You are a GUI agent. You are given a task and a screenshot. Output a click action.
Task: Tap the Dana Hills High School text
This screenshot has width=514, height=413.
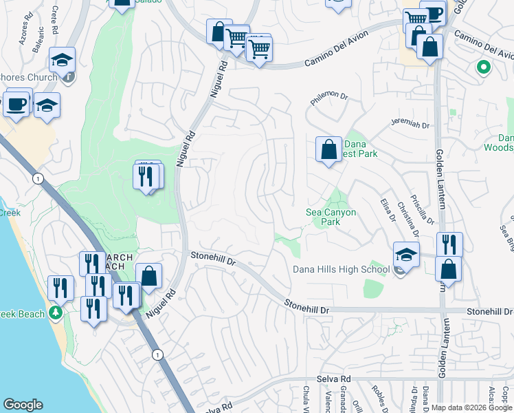(x=341, y=269)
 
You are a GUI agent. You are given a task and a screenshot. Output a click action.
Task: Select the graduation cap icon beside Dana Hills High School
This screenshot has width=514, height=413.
(x=407, y=255)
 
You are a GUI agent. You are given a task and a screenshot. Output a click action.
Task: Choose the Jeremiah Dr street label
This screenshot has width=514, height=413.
(x=410, y=125)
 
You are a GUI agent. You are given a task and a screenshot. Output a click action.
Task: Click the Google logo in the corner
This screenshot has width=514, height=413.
(x=23, y=405)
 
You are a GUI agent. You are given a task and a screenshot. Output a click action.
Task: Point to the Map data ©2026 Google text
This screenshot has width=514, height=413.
(x=471, y=407)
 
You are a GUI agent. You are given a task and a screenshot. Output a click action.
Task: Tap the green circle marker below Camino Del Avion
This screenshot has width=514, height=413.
(x=483, y=67)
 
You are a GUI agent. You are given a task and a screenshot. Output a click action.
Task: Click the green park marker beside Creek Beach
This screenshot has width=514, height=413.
(x=56, y=314)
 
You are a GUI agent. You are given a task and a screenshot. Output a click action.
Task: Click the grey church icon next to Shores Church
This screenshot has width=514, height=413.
(x=68, y=78)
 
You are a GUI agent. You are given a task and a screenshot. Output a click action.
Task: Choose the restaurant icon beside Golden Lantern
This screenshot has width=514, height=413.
(x=449, y=244)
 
